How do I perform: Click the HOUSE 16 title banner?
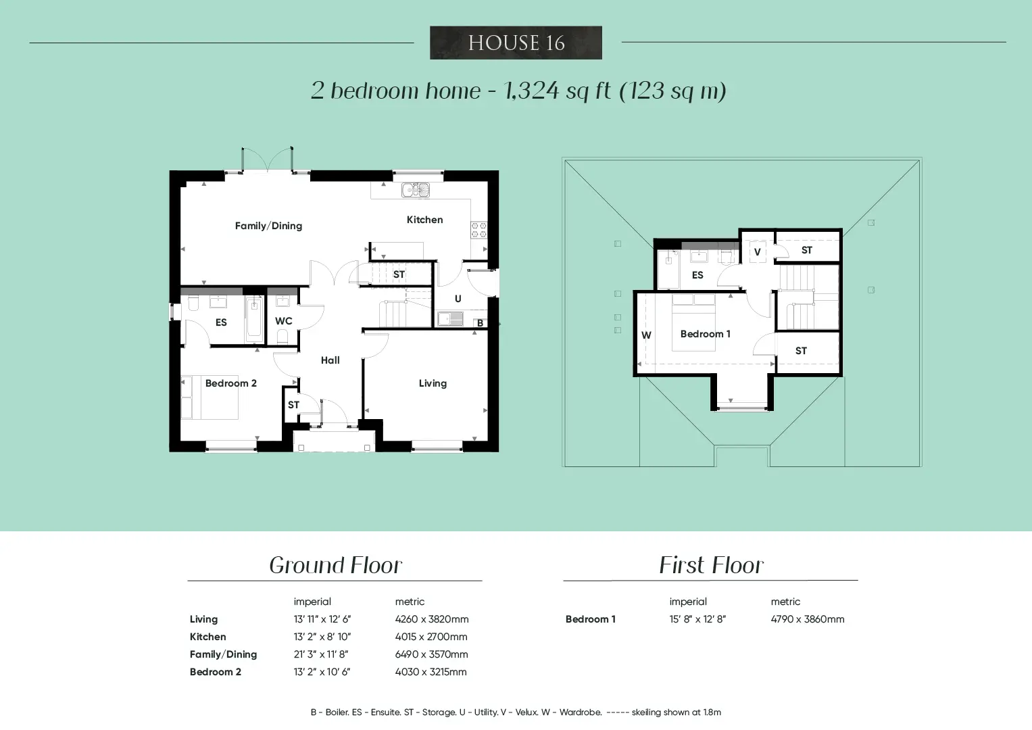coord(516,43)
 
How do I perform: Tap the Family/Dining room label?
coord(268,226)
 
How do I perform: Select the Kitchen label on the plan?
coord(425,220)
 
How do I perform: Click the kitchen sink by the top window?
coord(416,190)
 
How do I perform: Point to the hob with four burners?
coord(478,230)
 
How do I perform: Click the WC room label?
coord(284,321)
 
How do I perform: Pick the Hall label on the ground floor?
coord(330,360)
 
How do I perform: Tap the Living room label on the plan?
coord(433,383)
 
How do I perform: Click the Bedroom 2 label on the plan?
coord(231,383)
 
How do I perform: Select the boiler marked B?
coord(480,322)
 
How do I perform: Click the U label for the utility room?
coord(458,299)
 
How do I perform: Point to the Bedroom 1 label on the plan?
coord(706,334)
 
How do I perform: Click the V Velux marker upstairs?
coord(758,251)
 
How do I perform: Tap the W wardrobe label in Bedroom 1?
coord(646,335)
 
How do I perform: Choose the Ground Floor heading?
coord(335,565)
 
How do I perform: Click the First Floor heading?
coord(711,565)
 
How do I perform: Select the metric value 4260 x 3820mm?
coord(432,619)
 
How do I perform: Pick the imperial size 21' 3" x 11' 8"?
coord(321,654)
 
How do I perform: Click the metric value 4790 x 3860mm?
coord(808,619)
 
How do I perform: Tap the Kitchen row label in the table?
coord(207,637)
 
